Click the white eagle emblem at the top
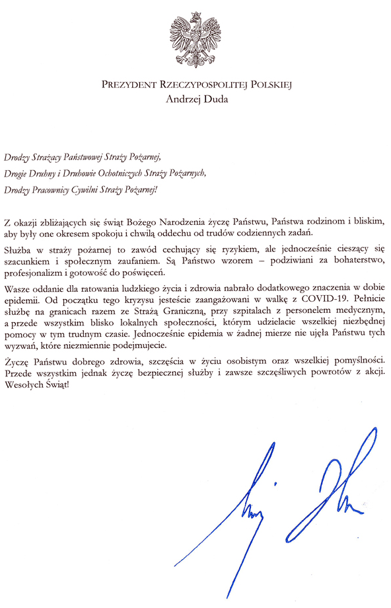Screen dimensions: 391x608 [x=196, y=39]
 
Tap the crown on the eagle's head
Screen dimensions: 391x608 [x=196, y=15]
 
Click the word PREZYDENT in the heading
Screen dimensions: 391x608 [x=129, y=85]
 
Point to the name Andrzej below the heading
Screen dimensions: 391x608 [x=179, y=100]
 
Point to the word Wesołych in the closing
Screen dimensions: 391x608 [x=23, y=385]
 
